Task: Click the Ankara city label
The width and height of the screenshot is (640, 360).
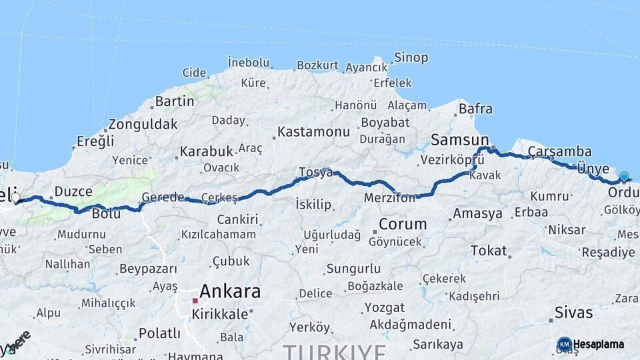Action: pos(229,291)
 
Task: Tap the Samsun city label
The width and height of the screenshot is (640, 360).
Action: pos(460,140)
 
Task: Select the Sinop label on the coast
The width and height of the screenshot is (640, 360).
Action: pos(411,57)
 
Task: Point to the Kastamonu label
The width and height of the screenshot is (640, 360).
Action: pos(313,132)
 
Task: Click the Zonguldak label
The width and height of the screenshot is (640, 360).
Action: pos(143,124)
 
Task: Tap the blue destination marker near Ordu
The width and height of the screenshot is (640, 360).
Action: pos(624,177)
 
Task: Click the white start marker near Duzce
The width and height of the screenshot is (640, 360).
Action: pos(15,197)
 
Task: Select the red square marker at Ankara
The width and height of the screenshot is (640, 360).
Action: pos(195,301)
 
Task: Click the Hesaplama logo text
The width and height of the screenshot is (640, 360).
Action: pos(599,345)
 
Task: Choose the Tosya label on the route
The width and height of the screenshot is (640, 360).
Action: pos(315,172)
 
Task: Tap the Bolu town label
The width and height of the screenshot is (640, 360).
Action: pos(106,214)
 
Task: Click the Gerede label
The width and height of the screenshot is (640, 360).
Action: pos(163,197)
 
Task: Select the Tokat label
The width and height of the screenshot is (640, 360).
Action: pos(489,251)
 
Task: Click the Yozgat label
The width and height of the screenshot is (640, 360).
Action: pos(384,308)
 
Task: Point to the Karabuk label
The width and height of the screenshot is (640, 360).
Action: pos(206,151)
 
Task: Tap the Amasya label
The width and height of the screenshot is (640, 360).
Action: pos(477,214)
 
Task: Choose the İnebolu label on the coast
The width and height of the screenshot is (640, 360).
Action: pos(249,62)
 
